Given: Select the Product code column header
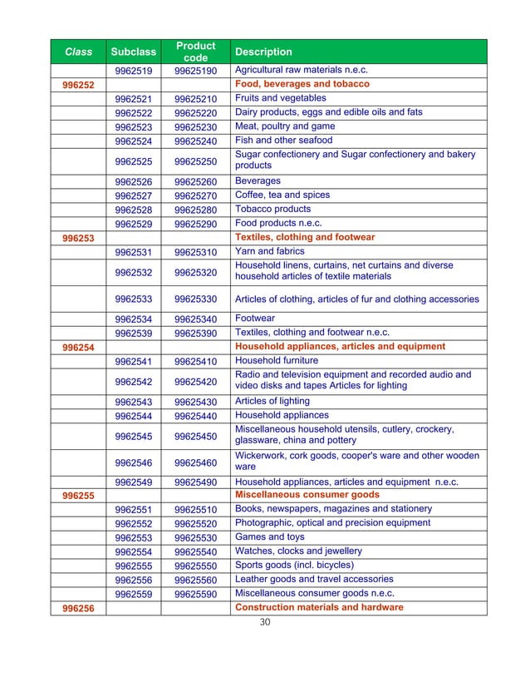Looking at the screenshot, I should coord(195,52).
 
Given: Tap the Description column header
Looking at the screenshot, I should coord(263,52).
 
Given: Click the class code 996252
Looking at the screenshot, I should coord(78,86).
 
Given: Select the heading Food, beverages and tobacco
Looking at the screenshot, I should coord(302,85).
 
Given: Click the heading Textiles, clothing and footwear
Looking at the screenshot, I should coord(305,238).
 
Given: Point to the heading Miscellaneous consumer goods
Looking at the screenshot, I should coord(307,495).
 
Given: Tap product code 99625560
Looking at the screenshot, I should coord(195,580).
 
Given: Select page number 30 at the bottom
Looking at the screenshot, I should coord(265,622).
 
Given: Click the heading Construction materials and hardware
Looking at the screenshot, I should coord(319,608).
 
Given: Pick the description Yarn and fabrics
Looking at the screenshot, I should coord(270,251).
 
